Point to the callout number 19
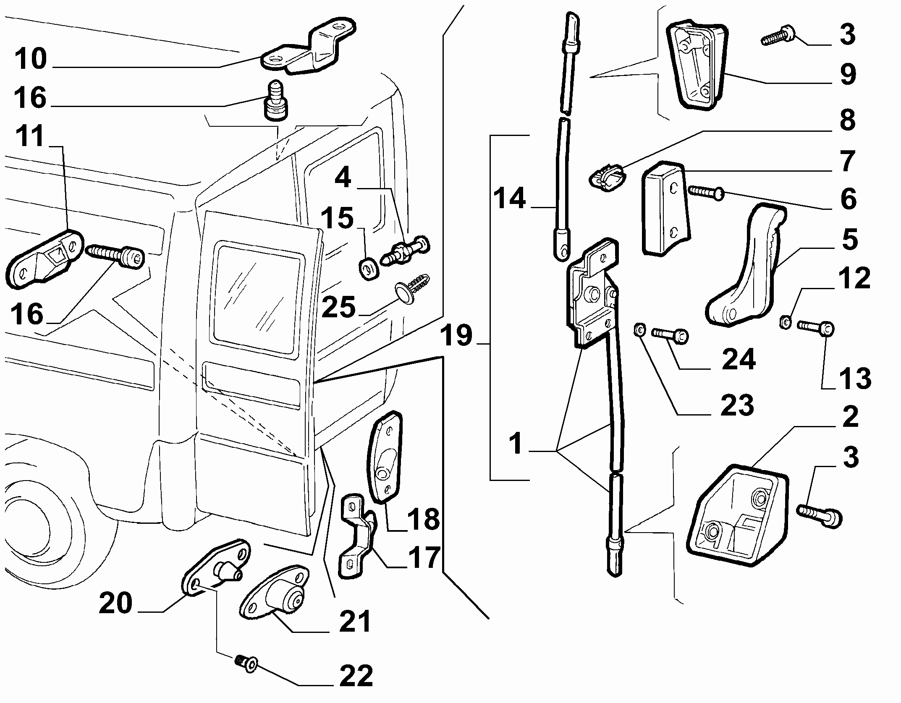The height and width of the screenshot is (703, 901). coord(456,336)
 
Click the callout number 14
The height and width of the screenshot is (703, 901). coord(509,199)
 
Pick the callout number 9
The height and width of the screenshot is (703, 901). coord(848,75)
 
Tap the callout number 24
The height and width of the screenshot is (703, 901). coord(739,360)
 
